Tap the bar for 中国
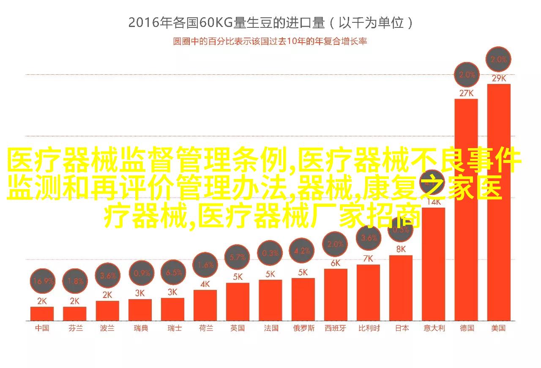click(x=42, y=313)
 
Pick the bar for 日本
click(x=401, y=287)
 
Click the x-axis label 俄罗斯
click(x=303, y=328)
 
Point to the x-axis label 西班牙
click(x=336, y=328)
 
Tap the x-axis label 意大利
click(x=434, y=328)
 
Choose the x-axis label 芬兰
click(x=75, y=328)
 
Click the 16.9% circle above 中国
click(x=43, y=281)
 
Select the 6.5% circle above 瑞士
click(x=173, y=273)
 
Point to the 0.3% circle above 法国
click(x=270, y=253)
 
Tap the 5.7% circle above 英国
click(x=238, y=257)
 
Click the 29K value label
click(x=499, y=78)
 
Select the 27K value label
click(x=466, y=93)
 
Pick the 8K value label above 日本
click(x=401, y=249)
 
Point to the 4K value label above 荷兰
click(x=205, y=284)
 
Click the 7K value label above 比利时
click(x=368, y=259)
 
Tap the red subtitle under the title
click(x=270, y=41)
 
